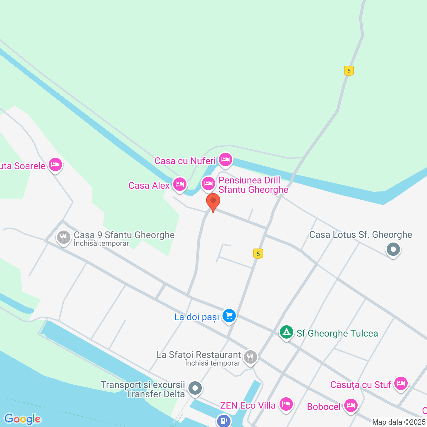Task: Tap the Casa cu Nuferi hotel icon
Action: point(226,160)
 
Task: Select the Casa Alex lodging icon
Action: point(180,184)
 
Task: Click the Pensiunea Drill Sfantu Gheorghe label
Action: point(253,185)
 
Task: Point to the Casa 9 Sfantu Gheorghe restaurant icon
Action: point(63,238)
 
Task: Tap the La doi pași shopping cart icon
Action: point(229,315)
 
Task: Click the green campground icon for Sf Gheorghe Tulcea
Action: point(286,332)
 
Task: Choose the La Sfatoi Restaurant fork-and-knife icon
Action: point(250,357)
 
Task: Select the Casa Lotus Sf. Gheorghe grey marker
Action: point(393,249)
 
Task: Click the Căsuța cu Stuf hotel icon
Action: point(401,383)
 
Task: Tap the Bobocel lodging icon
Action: point(351,406)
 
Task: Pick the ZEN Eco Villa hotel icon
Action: point(286,404)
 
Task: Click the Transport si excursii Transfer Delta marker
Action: point(195,388)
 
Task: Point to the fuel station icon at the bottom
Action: point(224,420)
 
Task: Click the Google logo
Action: point(23,419)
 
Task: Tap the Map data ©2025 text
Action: point(399,422)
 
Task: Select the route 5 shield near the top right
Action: point(349,71)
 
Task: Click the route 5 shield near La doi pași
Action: point(258,254)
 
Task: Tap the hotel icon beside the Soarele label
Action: point(55,164)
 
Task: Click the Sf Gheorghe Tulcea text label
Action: point(337,333)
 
